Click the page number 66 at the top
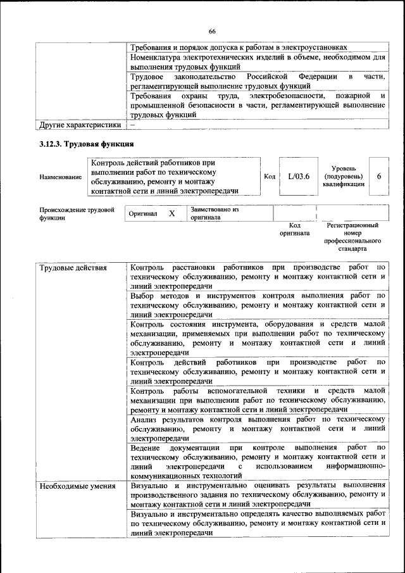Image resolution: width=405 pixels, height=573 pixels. [x=212, y=32]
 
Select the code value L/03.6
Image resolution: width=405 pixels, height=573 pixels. [x=298, y=177]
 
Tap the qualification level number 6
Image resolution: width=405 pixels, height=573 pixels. [x=378, y=177]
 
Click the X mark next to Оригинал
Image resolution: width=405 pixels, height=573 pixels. [x=171, y=214]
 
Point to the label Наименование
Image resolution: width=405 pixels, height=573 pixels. [x=60, y=177]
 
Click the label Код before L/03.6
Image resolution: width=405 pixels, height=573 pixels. [x=270, y=177]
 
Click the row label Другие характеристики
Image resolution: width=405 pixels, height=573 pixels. [x=80, y=125]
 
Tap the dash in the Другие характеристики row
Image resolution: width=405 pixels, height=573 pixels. [x=133, y=125]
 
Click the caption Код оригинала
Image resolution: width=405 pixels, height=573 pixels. [x=294, y=229]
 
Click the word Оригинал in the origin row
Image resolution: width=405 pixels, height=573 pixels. [x=143, y=214]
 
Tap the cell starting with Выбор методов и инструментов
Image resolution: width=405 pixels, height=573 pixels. [x=258, y=305]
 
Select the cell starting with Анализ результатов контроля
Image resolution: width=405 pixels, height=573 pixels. [x=258, y=428]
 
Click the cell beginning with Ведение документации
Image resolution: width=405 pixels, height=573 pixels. [x=258, y=461]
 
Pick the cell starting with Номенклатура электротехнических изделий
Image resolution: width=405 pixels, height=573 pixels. [x=258, y=61]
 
